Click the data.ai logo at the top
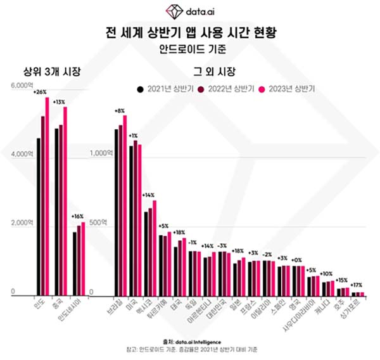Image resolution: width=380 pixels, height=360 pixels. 190,11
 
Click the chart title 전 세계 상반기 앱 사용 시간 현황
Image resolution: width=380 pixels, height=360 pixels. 190,31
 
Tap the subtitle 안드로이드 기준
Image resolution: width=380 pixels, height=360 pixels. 190,48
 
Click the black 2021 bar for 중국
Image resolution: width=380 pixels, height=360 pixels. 56,212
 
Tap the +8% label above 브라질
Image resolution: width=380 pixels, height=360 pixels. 119,111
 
